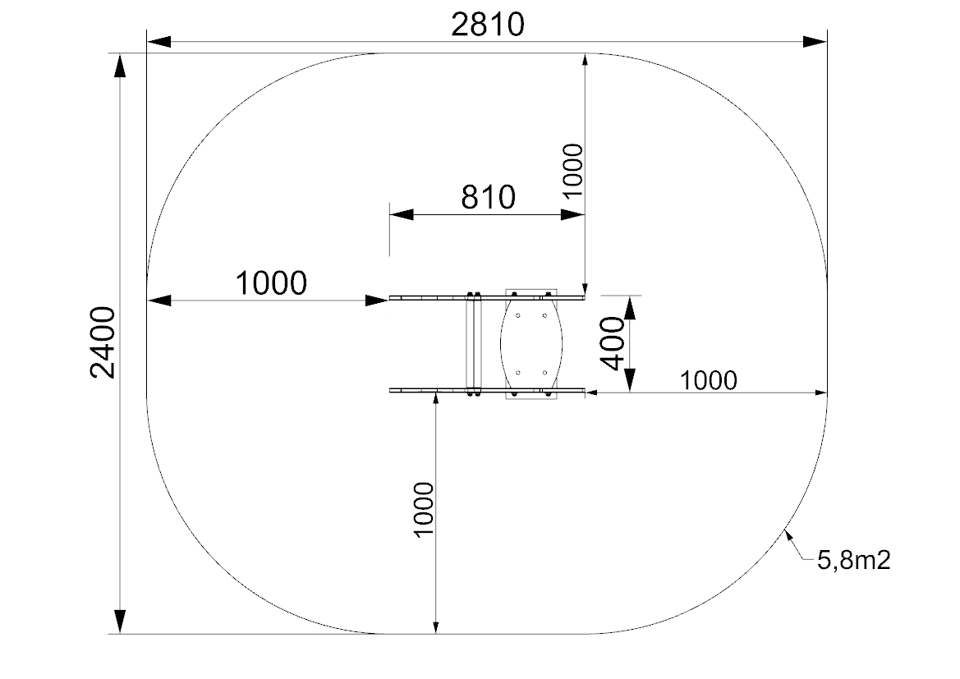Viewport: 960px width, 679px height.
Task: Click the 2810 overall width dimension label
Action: (x=487, y=25)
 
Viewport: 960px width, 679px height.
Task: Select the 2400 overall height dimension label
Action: (x=103, y=342)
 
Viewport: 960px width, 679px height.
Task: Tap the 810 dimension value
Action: (x=488, y=197)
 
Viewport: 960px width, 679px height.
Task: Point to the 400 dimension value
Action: (x=613, y=343)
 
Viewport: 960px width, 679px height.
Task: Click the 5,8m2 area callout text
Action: (x=853, y=560)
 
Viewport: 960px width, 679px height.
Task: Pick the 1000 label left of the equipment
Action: (x=271, y=283)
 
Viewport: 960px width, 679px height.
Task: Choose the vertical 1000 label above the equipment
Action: (x=573, y=170)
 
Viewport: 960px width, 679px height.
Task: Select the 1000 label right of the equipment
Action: (x=709, y=381)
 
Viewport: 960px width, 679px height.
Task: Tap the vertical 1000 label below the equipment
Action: (x=424, y=509)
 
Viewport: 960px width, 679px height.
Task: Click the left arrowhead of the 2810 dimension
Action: (x=158, y=42)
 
